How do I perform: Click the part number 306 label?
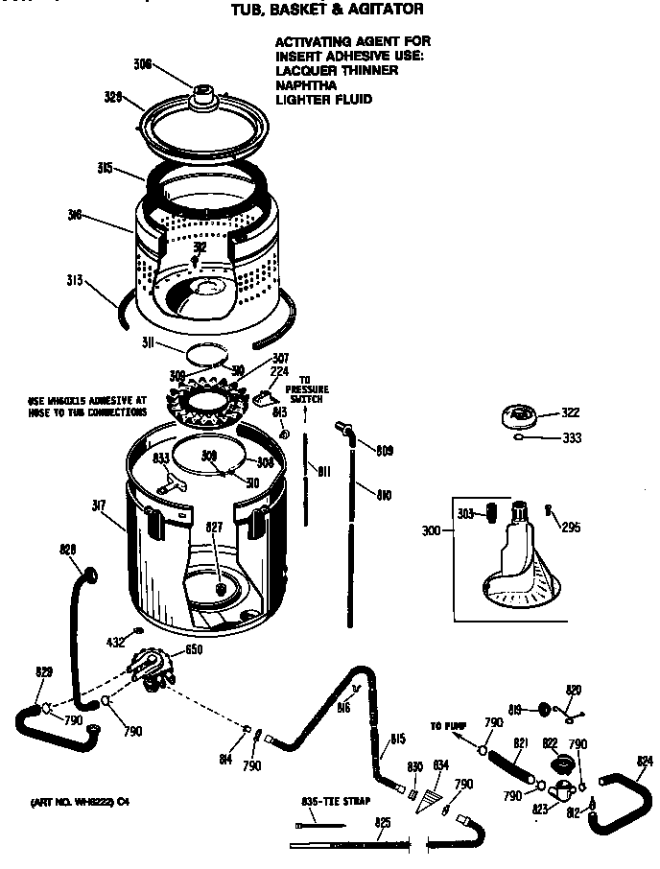(x=141, y=64)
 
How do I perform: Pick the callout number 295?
(x=571, y=527)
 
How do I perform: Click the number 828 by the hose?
(x=67, y=549)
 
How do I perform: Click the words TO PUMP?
(x=447, y=726)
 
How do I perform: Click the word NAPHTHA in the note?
(x=306, y=84)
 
